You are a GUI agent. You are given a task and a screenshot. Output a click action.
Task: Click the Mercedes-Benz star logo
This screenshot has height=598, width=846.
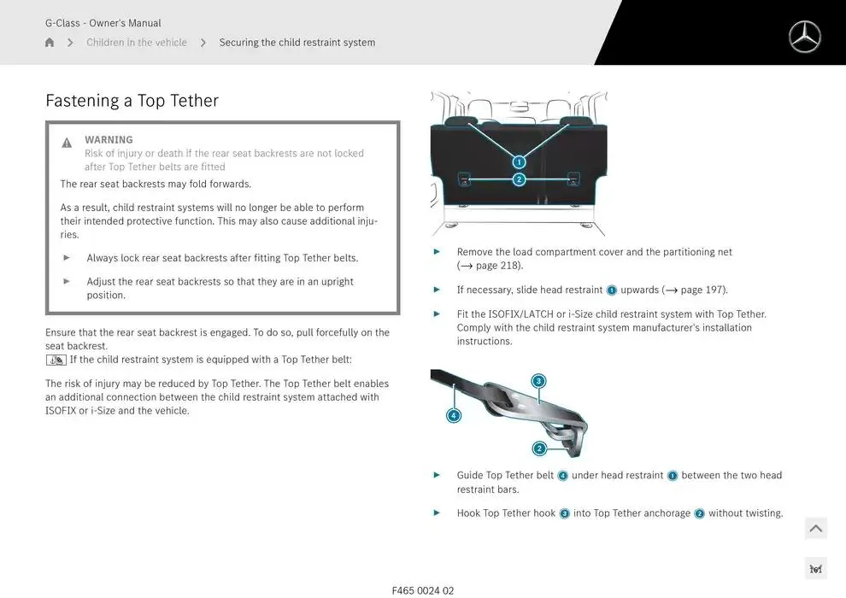804,38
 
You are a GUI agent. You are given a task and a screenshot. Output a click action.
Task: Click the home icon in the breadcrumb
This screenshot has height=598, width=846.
50,43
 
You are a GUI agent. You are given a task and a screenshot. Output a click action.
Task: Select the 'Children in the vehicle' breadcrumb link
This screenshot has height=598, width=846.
137,43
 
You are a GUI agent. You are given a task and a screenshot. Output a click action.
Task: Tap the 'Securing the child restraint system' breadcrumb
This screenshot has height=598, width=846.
297,43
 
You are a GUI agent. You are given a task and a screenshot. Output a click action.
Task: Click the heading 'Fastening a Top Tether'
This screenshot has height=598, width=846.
132,101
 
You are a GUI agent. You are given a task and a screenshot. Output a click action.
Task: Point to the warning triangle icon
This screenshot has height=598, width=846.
67,143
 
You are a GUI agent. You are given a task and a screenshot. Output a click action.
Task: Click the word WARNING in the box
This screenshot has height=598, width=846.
109,140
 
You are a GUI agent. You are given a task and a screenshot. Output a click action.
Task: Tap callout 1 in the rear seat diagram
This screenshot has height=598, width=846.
519,161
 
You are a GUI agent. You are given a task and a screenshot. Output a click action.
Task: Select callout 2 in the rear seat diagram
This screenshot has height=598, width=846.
519,179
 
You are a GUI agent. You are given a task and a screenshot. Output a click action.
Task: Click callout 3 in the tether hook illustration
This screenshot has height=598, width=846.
538,381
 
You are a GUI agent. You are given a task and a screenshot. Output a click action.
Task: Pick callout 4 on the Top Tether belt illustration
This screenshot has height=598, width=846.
454,416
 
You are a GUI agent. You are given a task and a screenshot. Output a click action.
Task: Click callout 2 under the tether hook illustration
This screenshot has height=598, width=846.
539,448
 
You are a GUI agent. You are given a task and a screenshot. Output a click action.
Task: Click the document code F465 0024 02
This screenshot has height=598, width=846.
423,590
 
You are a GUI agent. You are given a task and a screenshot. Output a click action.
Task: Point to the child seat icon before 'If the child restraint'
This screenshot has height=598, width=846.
56,360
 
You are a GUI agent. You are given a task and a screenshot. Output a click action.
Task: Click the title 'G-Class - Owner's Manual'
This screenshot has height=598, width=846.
103,23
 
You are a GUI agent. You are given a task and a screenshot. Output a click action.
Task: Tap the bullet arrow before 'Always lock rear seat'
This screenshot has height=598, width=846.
67,257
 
